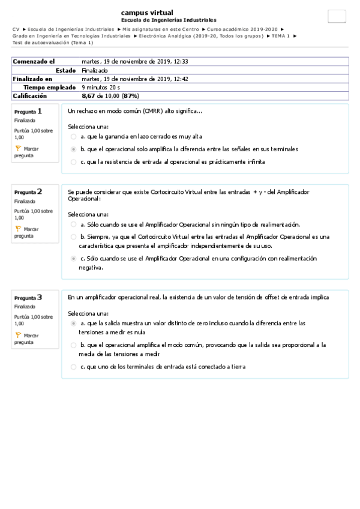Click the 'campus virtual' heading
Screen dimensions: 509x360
click(147, 13)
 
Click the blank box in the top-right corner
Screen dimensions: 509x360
click(337, 17)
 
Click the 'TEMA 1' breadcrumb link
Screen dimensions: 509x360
click(279, 36)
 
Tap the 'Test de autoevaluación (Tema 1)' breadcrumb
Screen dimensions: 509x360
click(52, 43)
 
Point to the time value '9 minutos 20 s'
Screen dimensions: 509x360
click(101, 87)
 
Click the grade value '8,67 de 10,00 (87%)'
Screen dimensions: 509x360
click(110, 95)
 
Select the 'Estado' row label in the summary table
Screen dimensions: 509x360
click(65, 70)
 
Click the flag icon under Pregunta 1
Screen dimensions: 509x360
click(18, 148)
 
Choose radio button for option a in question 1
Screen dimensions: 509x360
click(73, 136)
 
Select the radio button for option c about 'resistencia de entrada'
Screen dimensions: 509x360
click(73, 161)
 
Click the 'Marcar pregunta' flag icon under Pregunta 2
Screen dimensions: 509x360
click(18, 229)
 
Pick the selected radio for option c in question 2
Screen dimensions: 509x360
click(73, 258)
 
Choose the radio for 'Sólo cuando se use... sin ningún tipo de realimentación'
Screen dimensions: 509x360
click(73, 224)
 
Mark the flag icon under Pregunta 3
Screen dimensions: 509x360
click(18, 335)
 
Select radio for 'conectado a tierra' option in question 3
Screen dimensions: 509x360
click(73, 367)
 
